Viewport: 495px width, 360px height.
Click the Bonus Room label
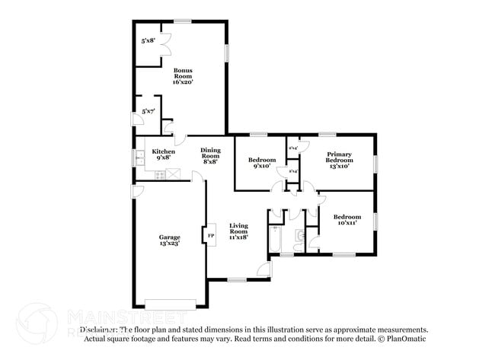[x=182, y=73]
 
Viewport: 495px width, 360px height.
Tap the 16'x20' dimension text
[x=182, y=81]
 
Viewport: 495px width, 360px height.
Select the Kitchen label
[x=164, y=151]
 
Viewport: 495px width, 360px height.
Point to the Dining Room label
[x=210, y=153]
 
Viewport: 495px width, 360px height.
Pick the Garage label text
[x=169, y=237]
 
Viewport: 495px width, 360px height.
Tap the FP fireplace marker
[x=211, y=237]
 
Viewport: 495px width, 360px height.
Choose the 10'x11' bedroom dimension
[x=346, y=223]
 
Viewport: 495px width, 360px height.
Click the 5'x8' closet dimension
[x=148, y=40]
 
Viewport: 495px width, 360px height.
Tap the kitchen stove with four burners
[x=161, y=175]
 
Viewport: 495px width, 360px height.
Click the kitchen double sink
[x=140, y=158]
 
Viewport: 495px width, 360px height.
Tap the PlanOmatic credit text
[x=400, y=339]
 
